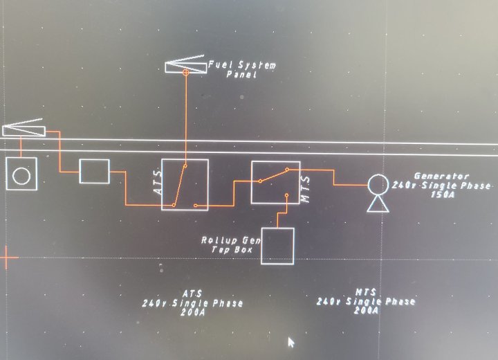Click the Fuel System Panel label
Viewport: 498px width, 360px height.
tap(242, 70)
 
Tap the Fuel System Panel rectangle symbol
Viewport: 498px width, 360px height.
tap(186, 68)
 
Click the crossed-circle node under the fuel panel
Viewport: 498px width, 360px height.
tap(186, 73)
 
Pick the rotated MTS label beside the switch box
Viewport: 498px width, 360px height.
tap(305, 189)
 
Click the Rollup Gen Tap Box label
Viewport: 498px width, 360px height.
tap(230, 245)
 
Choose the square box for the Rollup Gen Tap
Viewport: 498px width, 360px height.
tap(277, 246)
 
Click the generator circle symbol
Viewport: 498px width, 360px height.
tap(378, 184)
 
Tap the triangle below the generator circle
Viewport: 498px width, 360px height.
tap(378, 204)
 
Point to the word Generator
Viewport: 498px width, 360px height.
tap(441, 176)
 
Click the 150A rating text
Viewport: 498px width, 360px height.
tap(443, 195)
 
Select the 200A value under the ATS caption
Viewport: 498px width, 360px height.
tap(193, 312)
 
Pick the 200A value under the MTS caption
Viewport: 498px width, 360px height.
tap(366, 310)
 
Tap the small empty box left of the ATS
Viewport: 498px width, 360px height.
tap(94, 172)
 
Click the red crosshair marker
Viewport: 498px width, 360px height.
tap(7, 258)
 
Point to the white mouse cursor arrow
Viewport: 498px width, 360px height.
tap(291, 343)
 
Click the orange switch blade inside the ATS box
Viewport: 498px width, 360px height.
tap(179, 186)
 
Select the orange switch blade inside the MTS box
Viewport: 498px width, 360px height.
tap(273, 175)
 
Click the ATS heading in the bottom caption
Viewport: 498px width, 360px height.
tap(192, 294)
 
